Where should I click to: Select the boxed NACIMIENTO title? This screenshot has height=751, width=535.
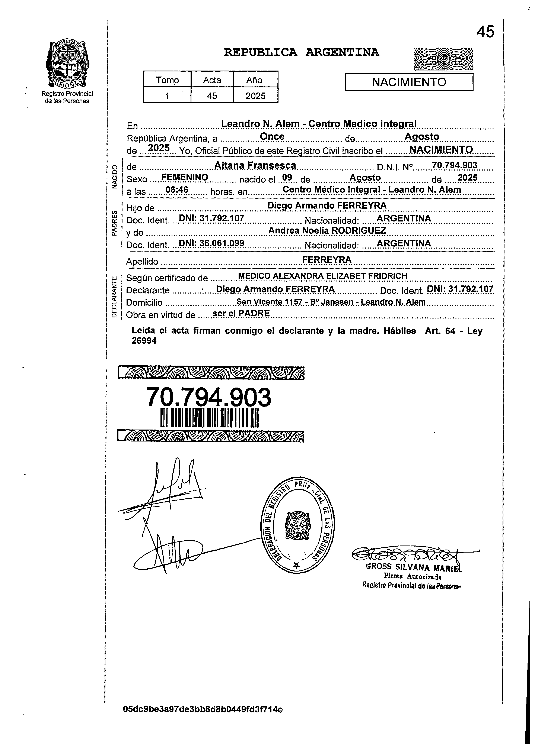409,82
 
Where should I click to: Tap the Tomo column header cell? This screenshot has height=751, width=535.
167,80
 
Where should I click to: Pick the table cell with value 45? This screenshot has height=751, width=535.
212,96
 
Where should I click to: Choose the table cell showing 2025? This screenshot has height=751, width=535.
255,96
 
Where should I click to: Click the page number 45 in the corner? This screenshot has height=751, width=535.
485,32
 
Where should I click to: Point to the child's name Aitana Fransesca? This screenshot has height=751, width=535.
255,165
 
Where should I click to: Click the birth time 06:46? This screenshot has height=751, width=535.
176,190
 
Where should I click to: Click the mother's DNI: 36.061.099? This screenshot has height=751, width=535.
211,243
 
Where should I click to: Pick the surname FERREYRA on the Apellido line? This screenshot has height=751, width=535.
327,260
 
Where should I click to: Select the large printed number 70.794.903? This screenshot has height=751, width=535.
208,397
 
